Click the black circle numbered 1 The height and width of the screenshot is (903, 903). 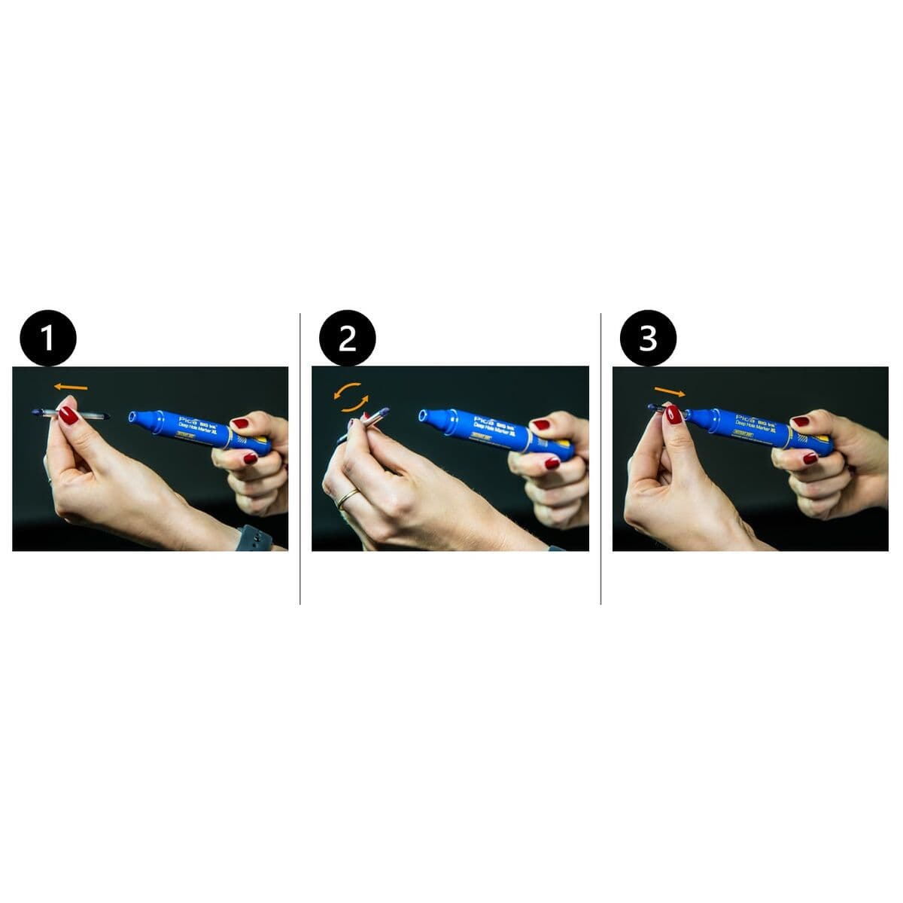tap(47, 338)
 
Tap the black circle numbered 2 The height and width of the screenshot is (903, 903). tap(347, 338)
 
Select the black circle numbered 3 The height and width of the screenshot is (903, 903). tap(648, 338)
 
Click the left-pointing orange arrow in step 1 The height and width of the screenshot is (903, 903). tap(71, 388)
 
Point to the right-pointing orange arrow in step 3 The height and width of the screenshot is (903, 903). tap(670, 391)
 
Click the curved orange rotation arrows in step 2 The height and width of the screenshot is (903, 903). tap(352, 397)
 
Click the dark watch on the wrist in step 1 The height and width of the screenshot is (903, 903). tap(254, 537)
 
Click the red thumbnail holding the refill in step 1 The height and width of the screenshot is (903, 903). tap(68, 415)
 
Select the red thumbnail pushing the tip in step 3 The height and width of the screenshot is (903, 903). tap(673, 414)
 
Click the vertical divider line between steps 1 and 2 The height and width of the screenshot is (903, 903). tap(300, 459)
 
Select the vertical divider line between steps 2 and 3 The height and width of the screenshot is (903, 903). tap(600, 459)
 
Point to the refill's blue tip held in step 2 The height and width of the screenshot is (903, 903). tap(384, 411)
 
